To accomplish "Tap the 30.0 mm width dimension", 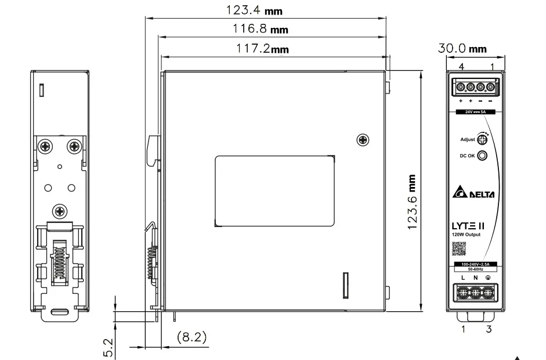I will (462, 49).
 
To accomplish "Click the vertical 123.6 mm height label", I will (411, 201).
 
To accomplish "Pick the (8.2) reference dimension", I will (191, 337).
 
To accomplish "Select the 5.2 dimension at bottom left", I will (109, 346).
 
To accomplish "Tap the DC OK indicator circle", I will (482, 156).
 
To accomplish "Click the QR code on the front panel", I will (458, 248).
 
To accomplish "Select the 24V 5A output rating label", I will (475, 111).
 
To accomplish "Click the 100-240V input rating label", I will (475, 265).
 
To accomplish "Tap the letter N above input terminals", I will (475, 279).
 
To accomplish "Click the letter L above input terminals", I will (464, 279).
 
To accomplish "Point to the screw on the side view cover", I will (363, 139).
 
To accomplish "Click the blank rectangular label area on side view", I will (274, 190).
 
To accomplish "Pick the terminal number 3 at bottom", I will (489, 330).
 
